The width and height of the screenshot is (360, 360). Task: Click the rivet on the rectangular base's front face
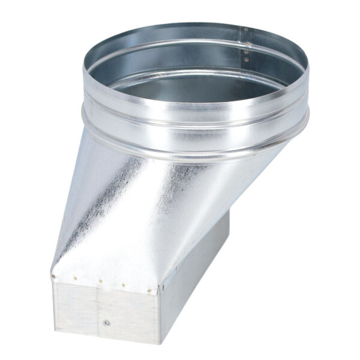point(106,323)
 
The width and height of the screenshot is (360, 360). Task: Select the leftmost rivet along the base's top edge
point(53,277)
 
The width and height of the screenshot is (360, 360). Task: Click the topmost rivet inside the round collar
point(245,29)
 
